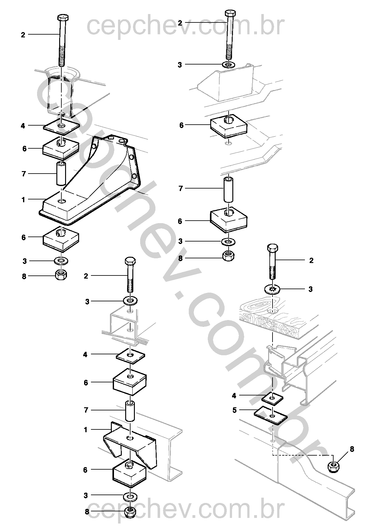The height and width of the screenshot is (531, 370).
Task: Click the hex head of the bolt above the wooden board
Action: pos(273,248)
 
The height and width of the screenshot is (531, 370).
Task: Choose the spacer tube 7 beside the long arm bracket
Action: pos(61,174)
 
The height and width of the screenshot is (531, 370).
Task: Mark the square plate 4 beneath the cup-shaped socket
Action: pos(61,125)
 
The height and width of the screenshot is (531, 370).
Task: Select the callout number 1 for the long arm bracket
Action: pos(23,200)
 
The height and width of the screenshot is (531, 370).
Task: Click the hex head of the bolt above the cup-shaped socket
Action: pos(63,18)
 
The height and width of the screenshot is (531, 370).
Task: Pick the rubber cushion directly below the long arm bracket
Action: pos(61,239)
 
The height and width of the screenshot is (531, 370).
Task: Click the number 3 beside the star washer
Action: pos(310,289)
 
